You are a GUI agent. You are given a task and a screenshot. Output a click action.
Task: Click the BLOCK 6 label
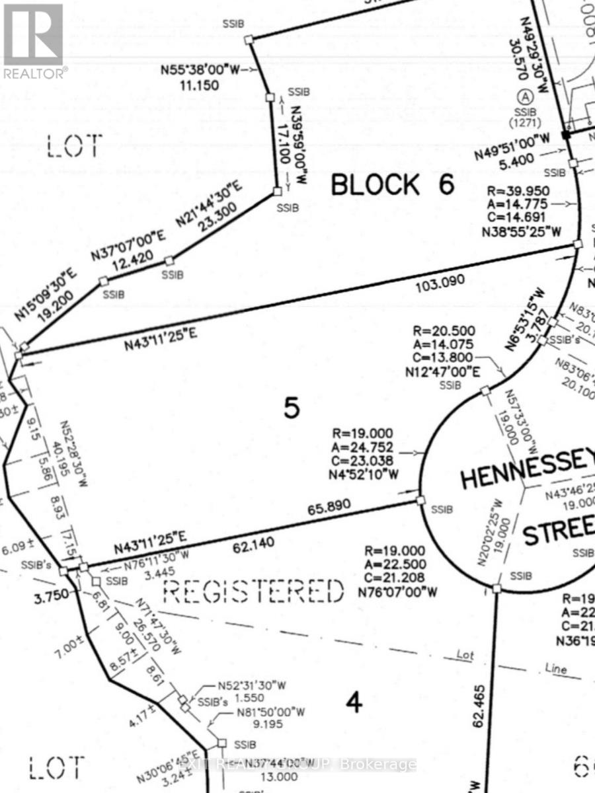393,185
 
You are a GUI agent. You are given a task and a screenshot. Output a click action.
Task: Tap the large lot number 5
292,408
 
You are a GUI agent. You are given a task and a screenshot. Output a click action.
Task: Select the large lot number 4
354,703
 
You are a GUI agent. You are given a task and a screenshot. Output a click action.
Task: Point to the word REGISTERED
254,591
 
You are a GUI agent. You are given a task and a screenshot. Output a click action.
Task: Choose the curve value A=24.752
363,447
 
